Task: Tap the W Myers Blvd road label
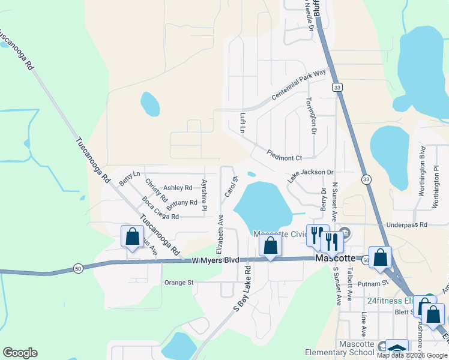(215, 260)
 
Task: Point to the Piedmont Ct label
(285, 158)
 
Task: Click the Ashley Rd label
(178, 187)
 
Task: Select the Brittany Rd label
(181, 203)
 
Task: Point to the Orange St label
(179, 282)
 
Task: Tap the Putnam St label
(376, 283)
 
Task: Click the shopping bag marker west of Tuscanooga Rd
(133, 236)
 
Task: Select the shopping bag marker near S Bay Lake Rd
(271, 245)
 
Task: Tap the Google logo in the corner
(20, 353)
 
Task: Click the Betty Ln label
(130, 178)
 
